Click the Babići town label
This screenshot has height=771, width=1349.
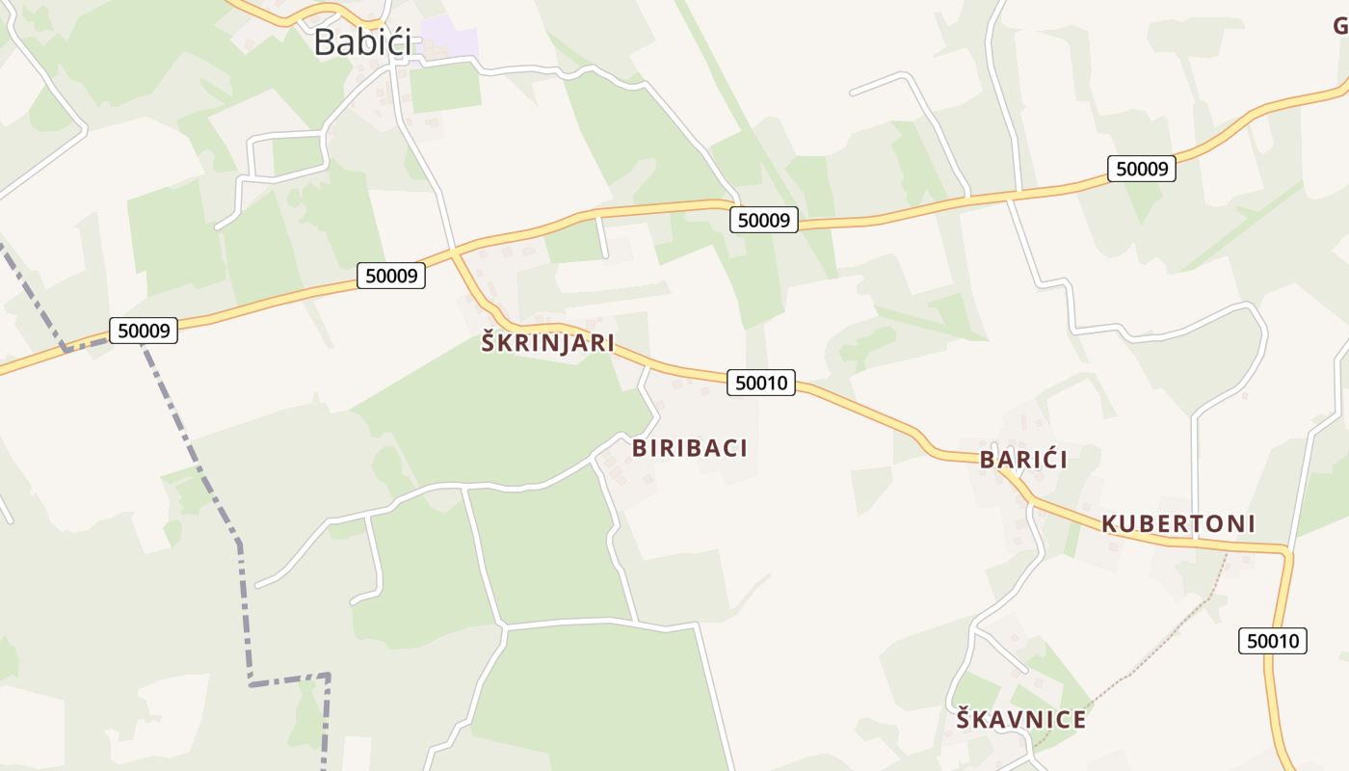362,41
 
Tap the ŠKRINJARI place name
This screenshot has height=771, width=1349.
547,343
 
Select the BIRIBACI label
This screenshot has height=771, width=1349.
690,448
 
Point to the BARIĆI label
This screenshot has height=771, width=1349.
1023,460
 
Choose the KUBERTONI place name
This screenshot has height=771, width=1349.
1177,524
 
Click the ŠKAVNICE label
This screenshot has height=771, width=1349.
1020,720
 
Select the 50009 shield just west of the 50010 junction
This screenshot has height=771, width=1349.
392,276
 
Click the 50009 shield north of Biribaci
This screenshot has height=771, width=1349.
764,220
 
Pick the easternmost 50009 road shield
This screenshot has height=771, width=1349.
1142,169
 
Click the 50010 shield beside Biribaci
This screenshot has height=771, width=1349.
761,383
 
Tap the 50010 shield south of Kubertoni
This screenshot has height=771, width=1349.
1273,641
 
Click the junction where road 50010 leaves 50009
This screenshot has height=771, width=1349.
454,253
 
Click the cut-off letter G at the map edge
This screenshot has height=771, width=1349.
1340,26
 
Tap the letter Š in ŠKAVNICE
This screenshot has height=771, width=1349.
964,719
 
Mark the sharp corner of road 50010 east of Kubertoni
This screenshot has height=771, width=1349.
1285,551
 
